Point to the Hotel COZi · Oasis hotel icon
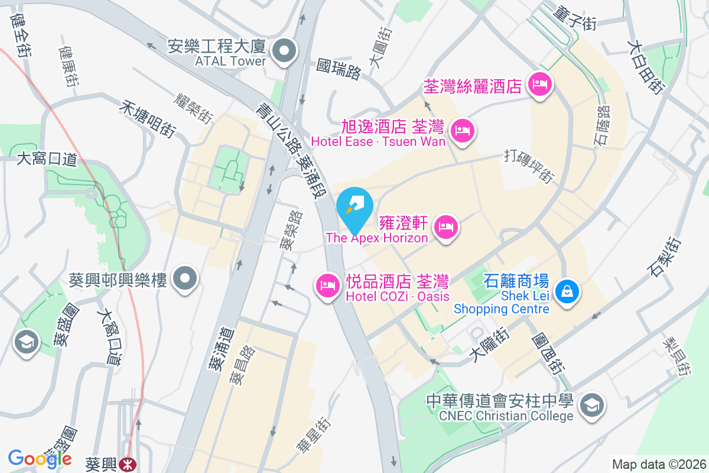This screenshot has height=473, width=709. click(327, 286)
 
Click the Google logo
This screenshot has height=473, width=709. click(40, 458)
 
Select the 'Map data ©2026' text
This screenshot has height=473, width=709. click(659, 464)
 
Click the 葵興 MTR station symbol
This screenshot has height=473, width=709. click(126, 464)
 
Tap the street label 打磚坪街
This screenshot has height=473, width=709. click(530, 167)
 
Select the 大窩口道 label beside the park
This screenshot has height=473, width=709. click(47, 159)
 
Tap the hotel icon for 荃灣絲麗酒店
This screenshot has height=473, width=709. click(539, 85)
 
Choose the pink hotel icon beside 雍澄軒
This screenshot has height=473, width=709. click(447, 226)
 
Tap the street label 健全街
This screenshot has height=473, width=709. click(21, 35)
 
